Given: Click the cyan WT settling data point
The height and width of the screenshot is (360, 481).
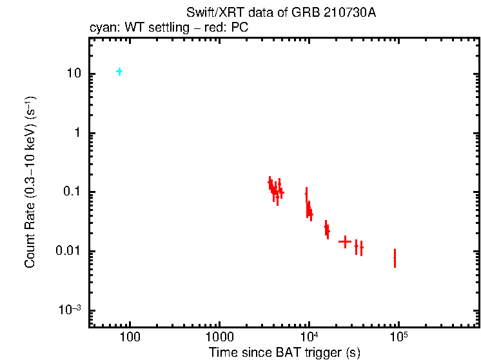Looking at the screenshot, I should click(119, 72).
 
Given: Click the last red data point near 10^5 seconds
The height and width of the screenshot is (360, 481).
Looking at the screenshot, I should click(395, 258).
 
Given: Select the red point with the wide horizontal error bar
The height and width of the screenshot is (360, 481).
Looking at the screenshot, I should click(345, 242).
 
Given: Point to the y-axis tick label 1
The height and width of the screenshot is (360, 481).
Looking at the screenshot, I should click(81, 133).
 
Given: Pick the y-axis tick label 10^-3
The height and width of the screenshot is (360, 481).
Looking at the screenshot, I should click(71, 310).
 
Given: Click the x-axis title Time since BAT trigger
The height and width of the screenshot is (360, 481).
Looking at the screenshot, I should click(284, 353).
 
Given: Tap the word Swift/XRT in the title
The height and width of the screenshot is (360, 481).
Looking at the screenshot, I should click(209, 13).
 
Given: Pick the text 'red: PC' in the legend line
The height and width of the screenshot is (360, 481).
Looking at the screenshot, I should click(230, 28).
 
